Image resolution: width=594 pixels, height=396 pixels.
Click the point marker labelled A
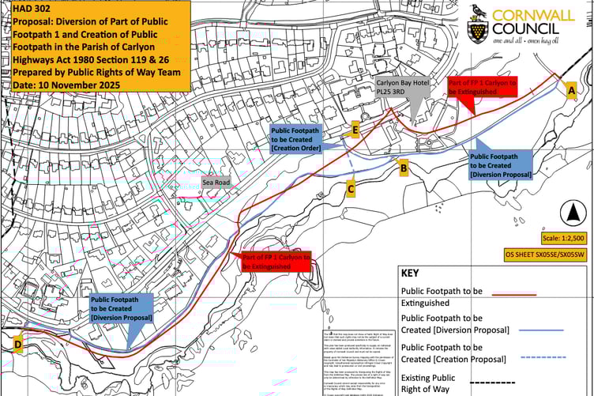(x=570, y=91)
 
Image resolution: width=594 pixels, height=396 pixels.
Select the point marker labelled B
(x=403, y=167)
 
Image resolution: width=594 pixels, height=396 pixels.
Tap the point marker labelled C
(x=351, y=188)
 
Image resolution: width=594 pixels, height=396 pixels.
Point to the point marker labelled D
(x=18, y=344)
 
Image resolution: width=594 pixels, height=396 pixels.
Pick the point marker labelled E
(x=355, y=130)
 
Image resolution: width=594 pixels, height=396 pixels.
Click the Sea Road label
(x=216, y=182)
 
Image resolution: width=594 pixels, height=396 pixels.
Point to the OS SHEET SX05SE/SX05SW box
(x=546, y=255)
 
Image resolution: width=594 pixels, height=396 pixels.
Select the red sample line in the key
(x=513, y=294)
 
